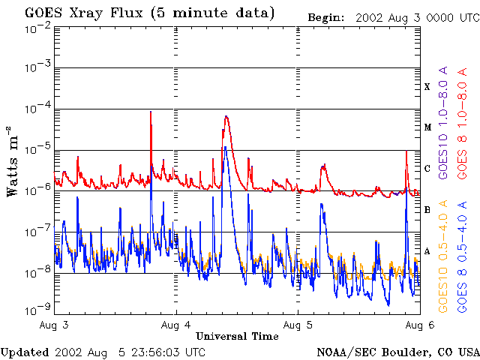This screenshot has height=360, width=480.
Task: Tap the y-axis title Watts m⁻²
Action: coord(13,160)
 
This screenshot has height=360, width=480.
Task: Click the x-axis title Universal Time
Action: coord(237,336)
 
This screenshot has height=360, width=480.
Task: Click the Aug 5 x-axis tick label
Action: coord(298,325)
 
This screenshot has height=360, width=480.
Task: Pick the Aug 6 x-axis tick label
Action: coord(416,325)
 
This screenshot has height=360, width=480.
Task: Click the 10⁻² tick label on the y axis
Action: coord(37,27)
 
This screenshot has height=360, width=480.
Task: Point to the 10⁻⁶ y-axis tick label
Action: coord(37,191)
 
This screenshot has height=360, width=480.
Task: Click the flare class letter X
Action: coord(427,87)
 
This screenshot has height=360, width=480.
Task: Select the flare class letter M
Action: coord(427,127)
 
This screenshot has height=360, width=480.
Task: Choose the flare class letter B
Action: coord(427,210)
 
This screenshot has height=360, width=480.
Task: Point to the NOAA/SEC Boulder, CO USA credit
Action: coord(397,352)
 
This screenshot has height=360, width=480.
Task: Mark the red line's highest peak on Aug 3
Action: coord(151,112)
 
